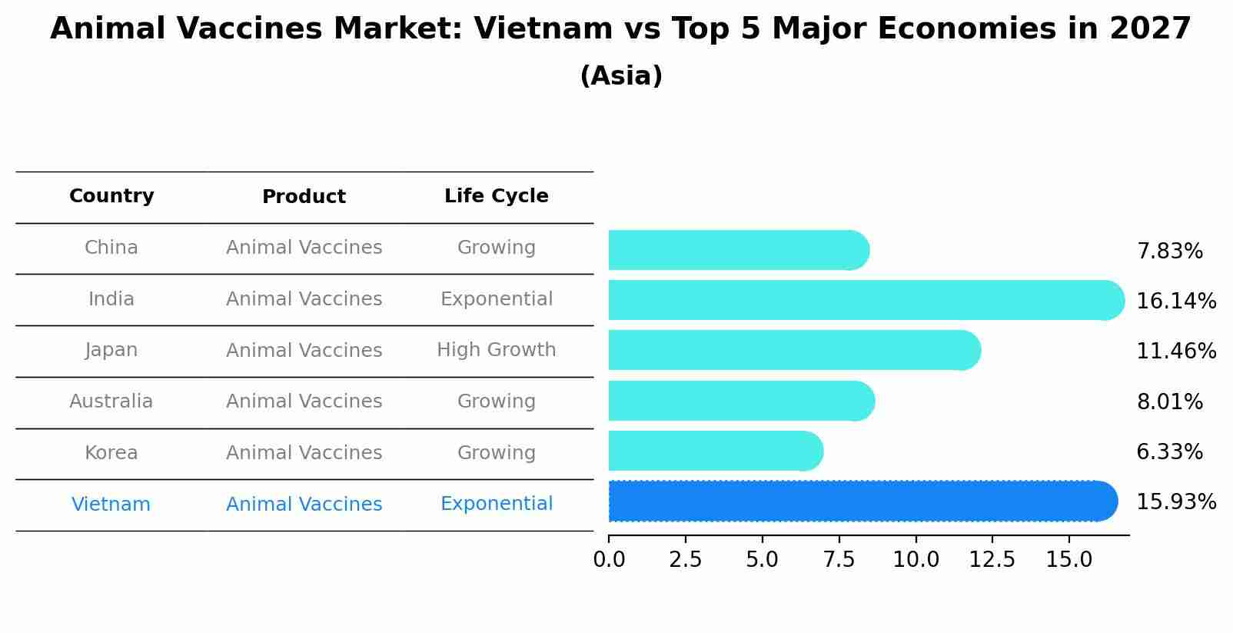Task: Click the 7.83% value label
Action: tap(1169, 252)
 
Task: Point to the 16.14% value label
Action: tap(1175, 302)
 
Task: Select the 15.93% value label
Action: tap(1175, 502)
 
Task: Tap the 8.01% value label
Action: tap(1169, 402)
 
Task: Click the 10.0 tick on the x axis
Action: tap(916, 560)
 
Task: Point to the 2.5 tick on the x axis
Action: tap(685, 560)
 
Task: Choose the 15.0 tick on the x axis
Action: tap(1068, 560)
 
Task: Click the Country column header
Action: tap(111, 196)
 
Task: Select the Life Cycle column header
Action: tap(496, 196)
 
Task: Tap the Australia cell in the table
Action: tap(111, 401)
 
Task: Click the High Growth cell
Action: tap(496, 350)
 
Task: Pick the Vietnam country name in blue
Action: tap(111, 505)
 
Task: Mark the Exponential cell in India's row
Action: tap(496, 299)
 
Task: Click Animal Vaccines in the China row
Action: tap(304, 248)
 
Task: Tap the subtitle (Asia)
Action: tap(621, 76)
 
